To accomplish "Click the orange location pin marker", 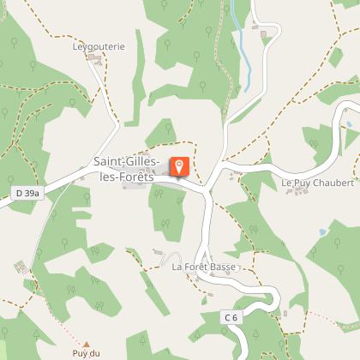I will pos(180,166).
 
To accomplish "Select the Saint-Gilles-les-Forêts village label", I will pos(125,169).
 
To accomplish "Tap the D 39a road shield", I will pos(27,194).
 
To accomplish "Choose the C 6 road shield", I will pos(231,317).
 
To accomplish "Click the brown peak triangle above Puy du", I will pos(85,343).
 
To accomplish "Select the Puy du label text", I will pos(86,353).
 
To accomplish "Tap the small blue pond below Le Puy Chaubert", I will pos(322,231).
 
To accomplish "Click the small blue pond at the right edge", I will pos(350,125).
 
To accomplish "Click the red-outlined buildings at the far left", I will pos(19,267).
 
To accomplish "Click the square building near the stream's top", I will pos(265,35).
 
